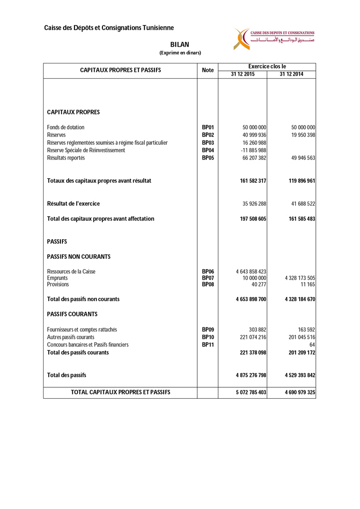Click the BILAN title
[180, 45]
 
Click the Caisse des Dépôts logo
[274, 39]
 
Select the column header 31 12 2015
[242, 74]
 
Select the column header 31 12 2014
[291, 74]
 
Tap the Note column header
[208, 70]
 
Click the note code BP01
[208, 128]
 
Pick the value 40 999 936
[255, 135]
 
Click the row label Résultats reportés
[66, 158]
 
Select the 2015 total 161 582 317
[253, 181]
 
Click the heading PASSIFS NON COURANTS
[79, 257]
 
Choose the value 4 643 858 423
[251, 272]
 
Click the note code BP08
[208, 284]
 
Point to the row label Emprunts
[57, 278]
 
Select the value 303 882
[258, 330]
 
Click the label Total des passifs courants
[78, 353]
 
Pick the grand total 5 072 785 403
[251, 392]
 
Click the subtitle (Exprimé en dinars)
[180, 53]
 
